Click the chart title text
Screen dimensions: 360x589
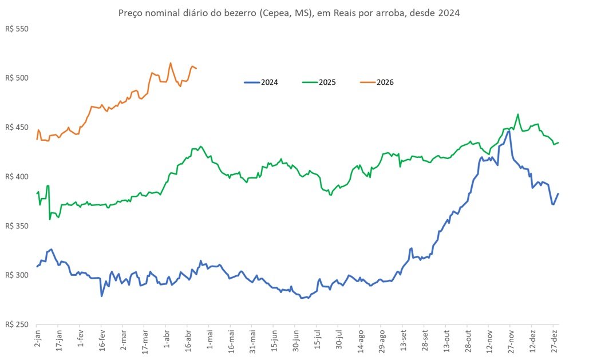[x=288, y=12]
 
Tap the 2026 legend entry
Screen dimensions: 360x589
[x=385, y=82]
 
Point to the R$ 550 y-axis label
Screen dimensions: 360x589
[x=16, y=28]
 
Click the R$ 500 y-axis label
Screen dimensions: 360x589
[x=16, y=78]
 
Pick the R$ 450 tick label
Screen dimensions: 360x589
[x=16, y=127]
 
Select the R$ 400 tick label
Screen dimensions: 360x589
[x=16, y=176]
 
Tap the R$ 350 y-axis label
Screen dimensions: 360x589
[x=16, y=226]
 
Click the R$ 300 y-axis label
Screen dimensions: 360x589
[x=16, y=275]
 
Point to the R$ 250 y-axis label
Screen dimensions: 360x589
[x=16, y=325]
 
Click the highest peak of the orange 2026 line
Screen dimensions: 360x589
[x=171, y=63]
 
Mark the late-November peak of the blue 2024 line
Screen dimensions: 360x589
[x=509, y=131]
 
